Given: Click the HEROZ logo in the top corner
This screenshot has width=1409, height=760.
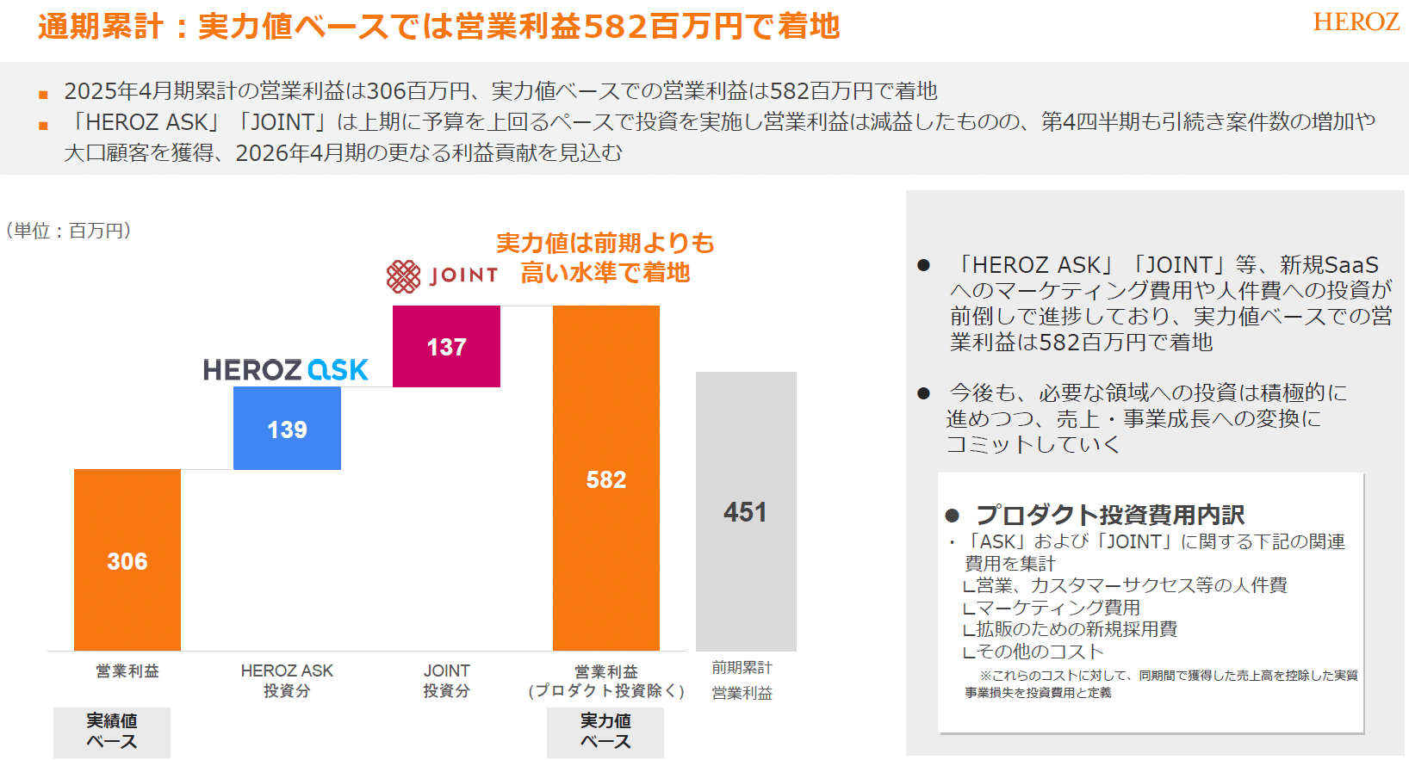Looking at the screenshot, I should tap(1356, 22).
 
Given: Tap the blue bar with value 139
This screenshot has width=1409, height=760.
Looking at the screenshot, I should tap(287, 428).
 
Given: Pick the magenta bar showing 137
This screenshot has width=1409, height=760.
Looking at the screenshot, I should tap(446, 346).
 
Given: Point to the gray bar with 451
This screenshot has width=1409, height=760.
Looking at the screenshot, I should tap(746, 511).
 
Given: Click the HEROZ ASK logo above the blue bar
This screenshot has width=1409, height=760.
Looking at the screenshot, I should tap(285, 370).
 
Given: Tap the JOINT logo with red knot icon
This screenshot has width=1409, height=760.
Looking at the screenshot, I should tap(442, 275).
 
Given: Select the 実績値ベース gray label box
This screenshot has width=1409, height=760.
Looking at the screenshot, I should tap(112, 732).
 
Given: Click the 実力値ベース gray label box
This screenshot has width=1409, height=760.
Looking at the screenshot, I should tap(605, 732).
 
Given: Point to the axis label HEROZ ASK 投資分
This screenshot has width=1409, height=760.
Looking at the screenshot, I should tap(287, 680).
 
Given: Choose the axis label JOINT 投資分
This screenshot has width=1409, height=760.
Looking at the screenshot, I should tap(446, 680).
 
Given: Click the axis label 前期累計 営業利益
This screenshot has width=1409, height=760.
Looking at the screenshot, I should tap(742, 680).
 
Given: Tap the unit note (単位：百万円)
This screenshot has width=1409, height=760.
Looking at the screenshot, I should tap(69, 231).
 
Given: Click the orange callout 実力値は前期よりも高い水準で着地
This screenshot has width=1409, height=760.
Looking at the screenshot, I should tap(605, 257).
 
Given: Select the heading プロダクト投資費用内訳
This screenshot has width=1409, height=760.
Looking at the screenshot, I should tap(1109, 515).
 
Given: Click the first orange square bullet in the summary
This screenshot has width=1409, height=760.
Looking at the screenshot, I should tap(43, 95).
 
